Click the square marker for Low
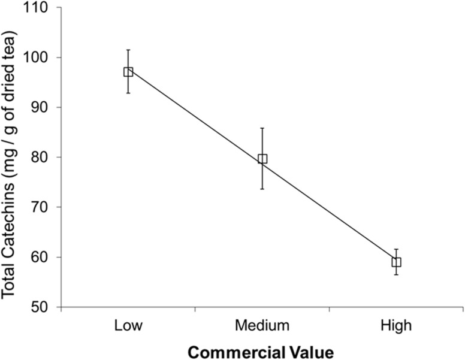click(128, 72)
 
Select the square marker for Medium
click(262, 159)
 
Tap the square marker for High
click(396, 262)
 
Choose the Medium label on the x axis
click(262, 325)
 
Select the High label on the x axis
click(396, 325)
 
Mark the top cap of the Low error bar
click(128, 50)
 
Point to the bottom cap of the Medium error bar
click(262, 189)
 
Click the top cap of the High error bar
click(396, 249)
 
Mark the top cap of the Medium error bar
click(262, 128)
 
